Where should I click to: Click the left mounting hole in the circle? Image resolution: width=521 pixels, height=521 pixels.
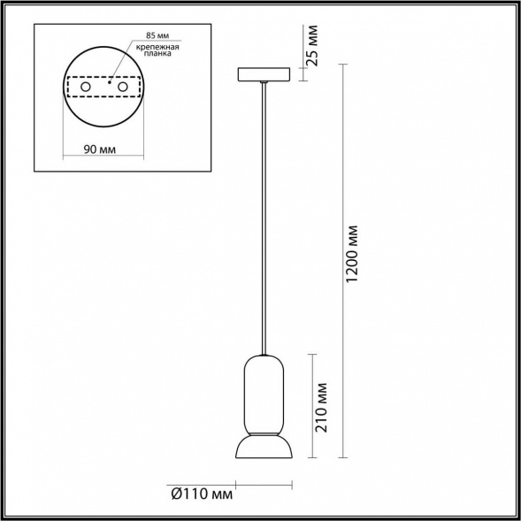[x=86, y=88]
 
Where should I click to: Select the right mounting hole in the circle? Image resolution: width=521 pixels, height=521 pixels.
[x=124, y=88]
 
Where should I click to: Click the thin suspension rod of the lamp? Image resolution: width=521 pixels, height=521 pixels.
[x=264, y=221]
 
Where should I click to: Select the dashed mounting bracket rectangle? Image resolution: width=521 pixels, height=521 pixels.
[x=105, y=79]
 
